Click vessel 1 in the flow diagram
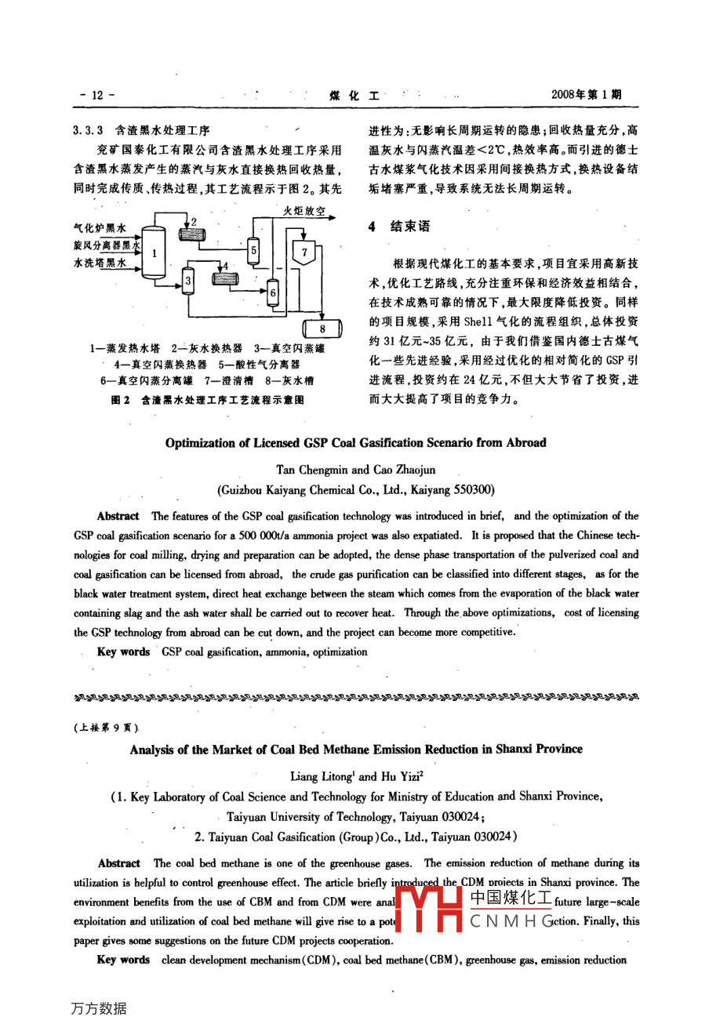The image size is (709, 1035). point(155,252)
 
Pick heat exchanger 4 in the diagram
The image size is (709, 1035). point(226,277)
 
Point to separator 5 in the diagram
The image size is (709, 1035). point(253,251)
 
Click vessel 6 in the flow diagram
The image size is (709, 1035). point(273,292)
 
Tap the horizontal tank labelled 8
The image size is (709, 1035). point(322,329)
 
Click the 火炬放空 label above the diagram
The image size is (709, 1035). point(304,212)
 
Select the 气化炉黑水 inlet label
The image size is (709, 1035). point(100,228)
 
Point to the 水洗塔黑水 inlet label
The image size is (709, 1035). point(100,263)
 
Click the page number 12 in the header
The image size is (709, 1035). point(97,95)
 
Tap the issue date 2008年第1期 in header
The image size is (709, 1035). point(586,95)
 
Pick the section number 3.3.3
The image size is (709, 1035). point(89,130)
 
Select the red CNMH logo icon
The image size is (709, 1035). point(430,910)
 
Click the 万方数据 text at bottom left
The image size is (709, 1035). point(98,1008)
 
